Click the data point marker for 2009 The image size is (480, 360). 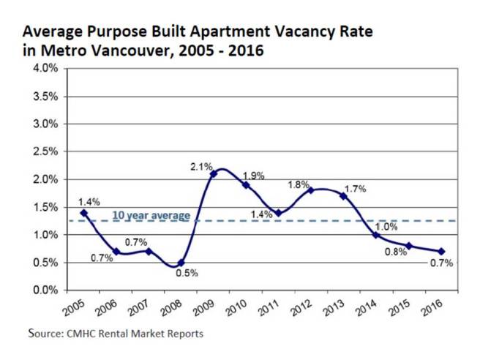[213, 173]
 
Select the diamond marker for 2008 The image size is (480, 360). [181, 263]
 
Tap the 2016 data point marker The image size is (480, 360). [441, 252]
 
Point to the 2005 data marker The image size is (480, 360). [83, 213]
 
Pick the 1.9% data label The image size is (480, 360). [253, 176]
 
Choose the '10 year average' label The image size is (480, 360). [151, 215]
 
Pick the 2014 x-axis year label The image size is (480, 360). [368, 308]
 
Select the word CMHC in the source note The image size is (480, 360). [81, 334]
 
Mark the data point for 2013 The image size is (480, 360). [343, 196]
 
